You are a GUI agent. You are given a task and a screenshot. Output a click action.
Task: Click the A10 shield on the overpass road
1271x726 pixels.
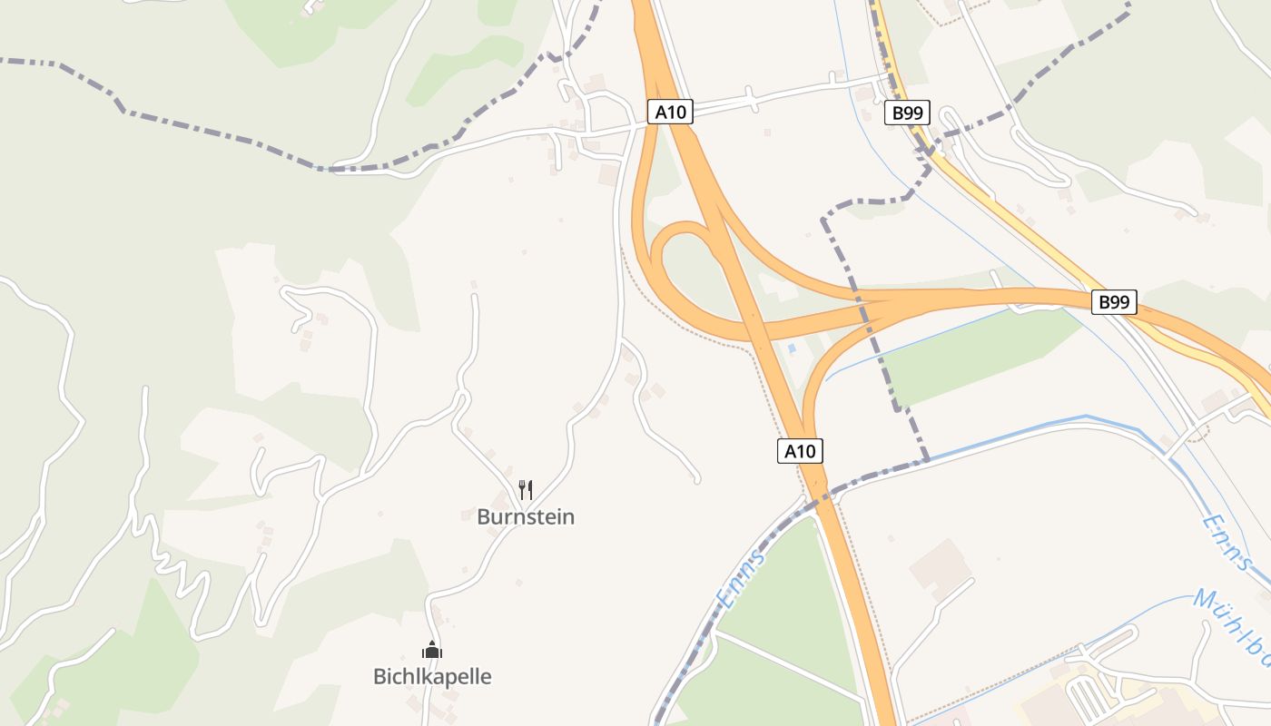click(x=671, y=113)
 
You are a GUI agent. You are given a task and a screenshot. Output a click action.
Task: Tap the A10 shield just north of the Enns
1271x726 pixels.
click(x=800, y=451)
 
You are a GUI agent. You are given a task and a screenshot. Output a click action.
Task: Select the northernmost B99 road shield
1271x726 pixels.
click(x=907, y=113)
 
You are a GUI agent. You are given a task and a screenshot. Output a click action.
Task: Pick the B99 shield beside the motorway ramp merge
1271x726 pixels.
click(x=1113, y=302)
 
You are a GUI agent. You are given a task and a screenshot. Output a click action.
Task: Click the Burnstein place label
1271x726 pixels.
click(x=526, y=517)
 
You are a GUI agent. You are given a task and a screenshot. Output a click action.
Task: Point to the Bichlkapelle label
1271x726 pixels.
click(x=432, y=677)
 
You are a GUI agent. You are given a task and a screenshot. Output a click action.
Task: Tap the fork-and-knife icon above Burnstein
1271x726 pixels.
click(x=526, y=490)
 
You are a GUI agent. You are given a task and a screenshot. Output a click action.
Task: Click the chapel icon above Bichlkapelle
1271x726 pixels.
click(x=432, y=650)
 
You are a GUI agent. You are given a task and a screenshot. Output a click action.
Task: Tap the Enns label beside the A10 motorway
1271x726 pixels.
click(x=741, y=578)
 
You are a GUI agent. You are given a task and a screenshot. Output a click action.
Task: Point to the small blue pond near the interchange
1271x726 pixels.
click(x=792, y=348)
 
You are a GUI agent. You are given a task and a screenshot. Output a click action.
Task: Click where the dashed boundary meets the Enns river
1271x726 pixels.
click(x=927, y=459)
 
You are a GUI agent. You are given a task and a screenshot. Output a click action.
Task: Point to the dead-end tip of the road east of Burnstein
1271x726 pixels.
click(x=696, y=478)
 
